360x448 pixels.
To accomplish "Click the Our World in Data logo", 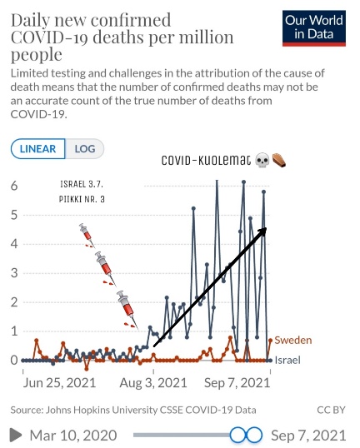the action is [314, 28].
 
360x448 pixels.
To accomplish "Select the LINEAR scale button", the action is [37, 148].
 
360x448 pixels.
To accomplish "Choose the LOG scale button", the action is [85, 148].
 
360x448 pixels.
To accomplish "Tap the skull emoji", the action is [262, 160].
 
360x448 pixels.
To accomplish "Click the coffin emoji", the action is [279, 160].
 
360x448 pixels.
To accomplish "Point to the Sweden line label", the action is [293, 340].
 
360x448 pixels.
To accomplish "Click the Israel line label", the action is [287, 360].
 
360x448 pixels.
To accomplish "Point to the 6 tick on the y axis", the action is [14, 186].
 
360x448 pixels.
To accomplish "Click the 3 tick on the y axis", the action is [14, 273].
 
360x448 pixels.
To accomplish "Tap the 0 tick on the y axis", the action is [14, 361].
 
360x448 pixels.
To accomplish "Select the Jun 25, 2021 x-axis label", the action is [59, 383].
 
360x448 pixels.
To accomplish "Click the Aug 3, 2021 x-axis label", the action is [153, 383].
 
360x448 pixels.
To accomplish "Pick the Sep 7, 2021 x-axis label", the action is [237, 383].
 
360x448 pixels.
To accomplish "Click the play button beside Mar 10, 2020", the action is [16, 436].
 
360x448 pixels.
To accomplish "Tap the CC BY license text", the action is [331, 410].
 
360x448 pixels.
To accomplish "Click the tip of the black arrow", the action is [267, 227].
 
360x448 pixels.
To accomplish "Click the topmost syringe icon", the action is [87, 235].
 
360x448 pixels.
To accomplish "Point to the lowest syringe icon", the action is [127, 310].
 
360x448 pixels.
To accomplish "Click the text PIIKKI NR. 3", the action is [82, 199].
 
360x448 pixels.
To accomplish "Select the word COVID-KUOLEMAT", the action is [206, 160].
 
